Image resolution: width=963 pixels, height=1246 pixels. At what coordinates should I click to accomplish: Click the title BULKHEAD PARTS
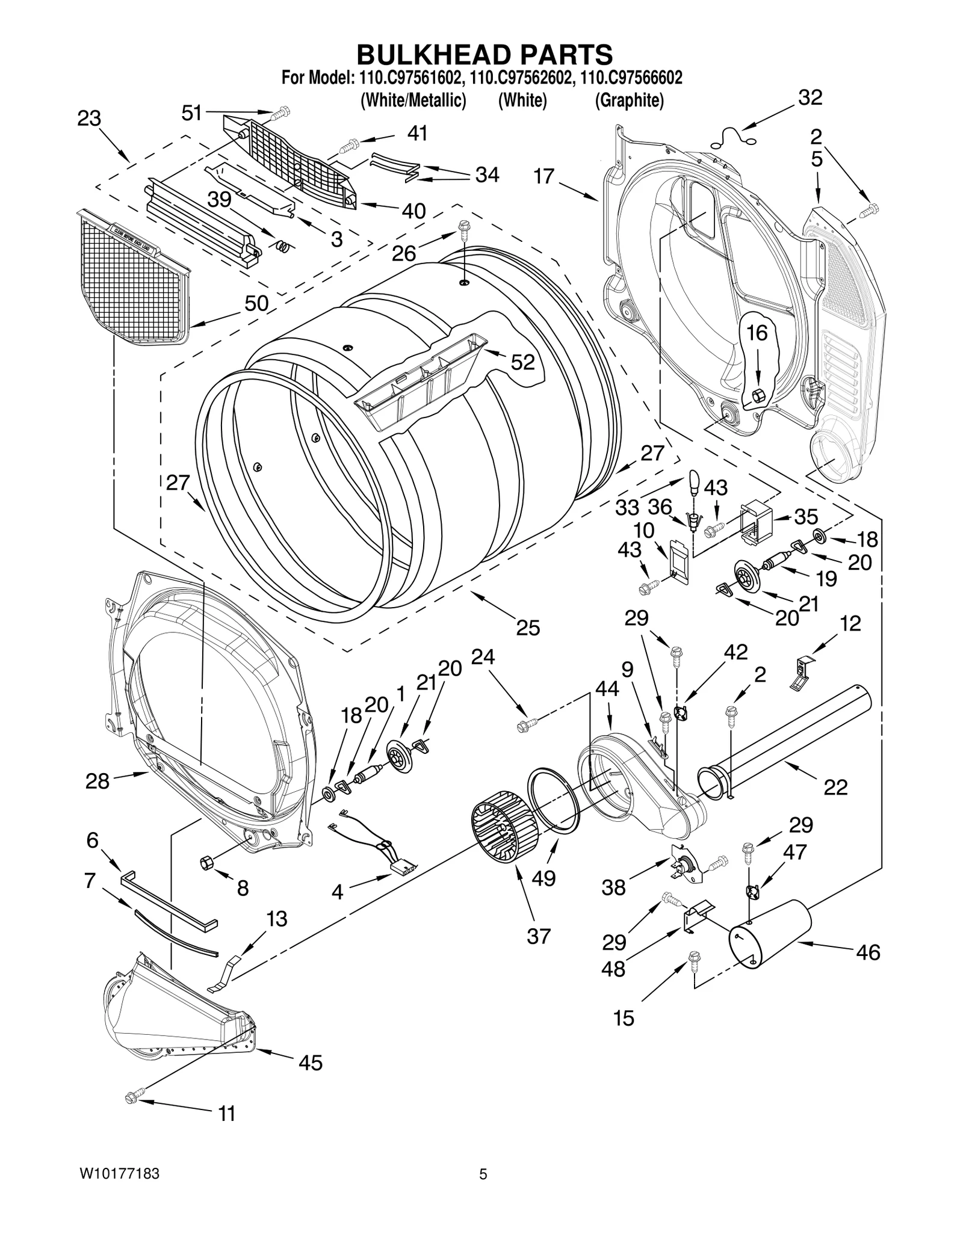click(x=485, y=54)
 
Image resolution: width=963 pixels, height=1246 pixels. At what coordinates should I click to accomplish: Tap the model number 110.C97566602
click(x=631, y=78)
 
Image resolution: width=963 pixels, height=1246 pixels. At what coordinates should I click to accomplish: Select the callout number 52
click(x=522, y=362)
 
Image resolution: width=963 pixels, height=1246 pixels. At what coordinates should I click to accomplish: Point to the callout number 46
click(x=867, y=952)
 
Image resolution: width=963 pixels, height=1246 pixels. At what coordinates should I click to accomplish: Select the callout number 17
click(x=543, y=177)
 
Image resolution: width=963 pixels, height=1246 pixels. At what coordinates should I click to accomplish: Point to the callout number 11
click(x=226, y=1114)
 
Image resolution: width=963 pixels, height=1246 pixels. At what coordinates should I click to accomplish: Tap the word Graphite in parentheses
click(x=629, y=100)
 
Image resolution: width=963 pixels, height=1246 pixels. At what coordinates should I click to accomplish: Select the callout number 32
click(x=810, y=97)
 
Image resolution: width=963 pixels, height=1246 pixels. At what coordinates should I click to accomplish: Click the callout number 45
click(x=311, y=1062)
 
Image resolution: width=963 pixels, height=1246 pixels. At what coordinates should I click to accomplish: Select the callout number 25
click(x=528, y=628)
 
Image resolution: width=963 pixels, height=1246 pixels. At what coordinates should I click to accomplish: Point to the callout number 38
click(x=613, y=887)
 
